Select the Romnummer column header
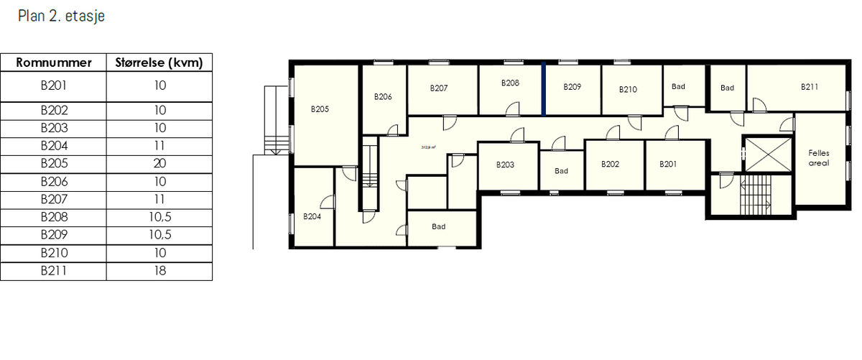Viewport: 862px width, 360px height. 53,63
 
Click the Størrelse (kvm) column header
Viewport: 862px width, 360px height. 159,63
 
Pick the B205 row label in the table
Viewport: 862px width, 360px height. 53,163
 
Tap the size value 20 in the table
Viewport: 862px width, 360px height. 159,163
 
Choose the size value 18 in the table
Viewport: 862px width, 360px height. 159,271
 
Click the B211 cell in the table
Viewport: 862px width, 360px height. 53,271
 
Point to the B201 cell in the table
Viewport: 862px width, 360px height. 53,86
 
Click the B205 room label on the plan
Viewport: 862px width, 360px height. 320,110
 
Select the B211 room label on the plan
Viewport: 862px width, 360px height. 810,87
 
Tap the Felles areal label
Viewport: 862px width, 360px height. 818,158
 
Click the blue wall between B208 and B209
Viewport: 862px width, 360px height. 544,88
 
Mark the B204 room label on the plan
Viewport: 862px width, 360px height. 311,216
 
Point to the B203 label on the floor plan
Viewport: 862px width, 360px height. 505,165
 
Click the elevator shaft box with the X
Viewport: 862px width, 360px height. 766,154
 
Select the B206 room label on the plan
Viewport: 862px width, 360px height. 383,96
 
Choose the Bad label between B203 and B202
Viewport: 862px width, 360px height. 561,171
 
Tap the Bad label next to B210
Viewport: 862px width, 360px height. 678,87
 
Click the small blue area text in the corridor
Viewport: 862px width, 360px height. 429,147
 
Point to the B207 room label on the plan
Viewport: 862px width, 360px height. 439,88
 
